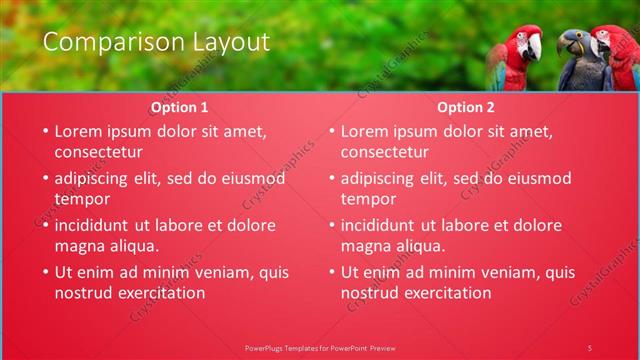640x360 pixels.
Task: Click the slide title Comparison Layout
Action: (x=156, y=42)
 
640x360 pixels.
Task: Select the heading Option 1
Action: (x=180, y=107)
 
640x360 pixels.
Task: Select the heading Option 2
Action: (x=466, y=107)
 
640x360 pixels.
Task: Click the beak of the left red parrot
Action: (x=536, y=46)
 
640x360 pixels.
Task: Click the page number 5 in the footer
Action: (x=590, y=347)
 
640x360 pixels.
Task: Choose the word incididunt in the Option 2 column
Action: (x=382, y=225)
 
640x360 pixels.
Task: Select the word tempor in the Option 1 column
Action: (x=82, y=199)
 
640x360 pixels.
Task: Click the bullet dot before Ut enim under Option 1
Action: (x=43, y=272)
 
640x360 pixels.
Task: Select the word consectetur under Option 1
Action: (x=98, y=152)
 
